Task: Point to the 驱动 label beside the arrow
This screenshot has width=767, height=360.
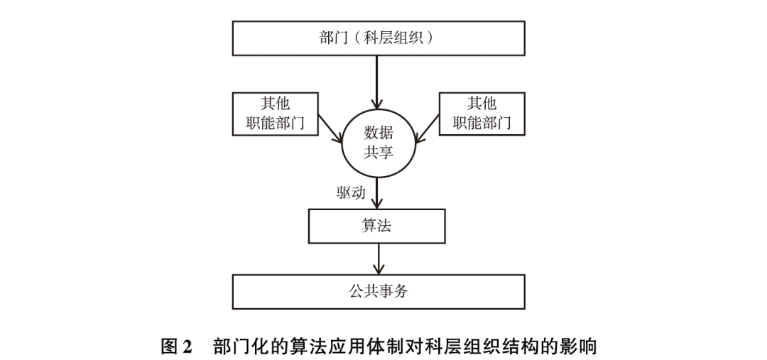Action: tap(351, 192)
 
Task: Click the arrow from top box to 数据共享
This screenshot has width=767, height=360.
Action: tap(376, 82)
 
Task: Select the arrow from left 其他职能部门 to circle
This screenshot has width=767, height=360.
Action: tap(331, 129)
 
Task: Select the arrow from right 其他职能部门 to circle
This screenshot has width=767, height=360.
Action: tap(427, 129)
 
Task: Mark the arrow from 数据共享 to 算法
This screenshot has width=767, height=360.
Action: tap(377, 193)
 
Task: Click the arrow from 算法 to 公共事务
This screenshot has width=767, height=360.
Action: tap(378, 258)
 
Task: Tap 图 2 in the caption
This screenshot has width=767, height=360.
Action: tap(177, 347)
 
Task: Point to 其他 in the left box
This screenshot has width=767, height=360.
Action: tap(276, 104)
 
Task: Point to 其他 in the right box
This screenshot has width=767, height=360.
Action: tap(482, 104)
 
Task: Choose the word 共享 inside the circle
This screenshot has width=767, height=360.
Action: tap(378, 153)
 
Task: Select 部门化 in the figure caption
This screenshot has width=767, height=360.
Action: tap(239, 347)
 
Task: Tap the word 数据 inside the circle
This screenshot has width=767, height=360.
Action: tap(378, 133)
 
